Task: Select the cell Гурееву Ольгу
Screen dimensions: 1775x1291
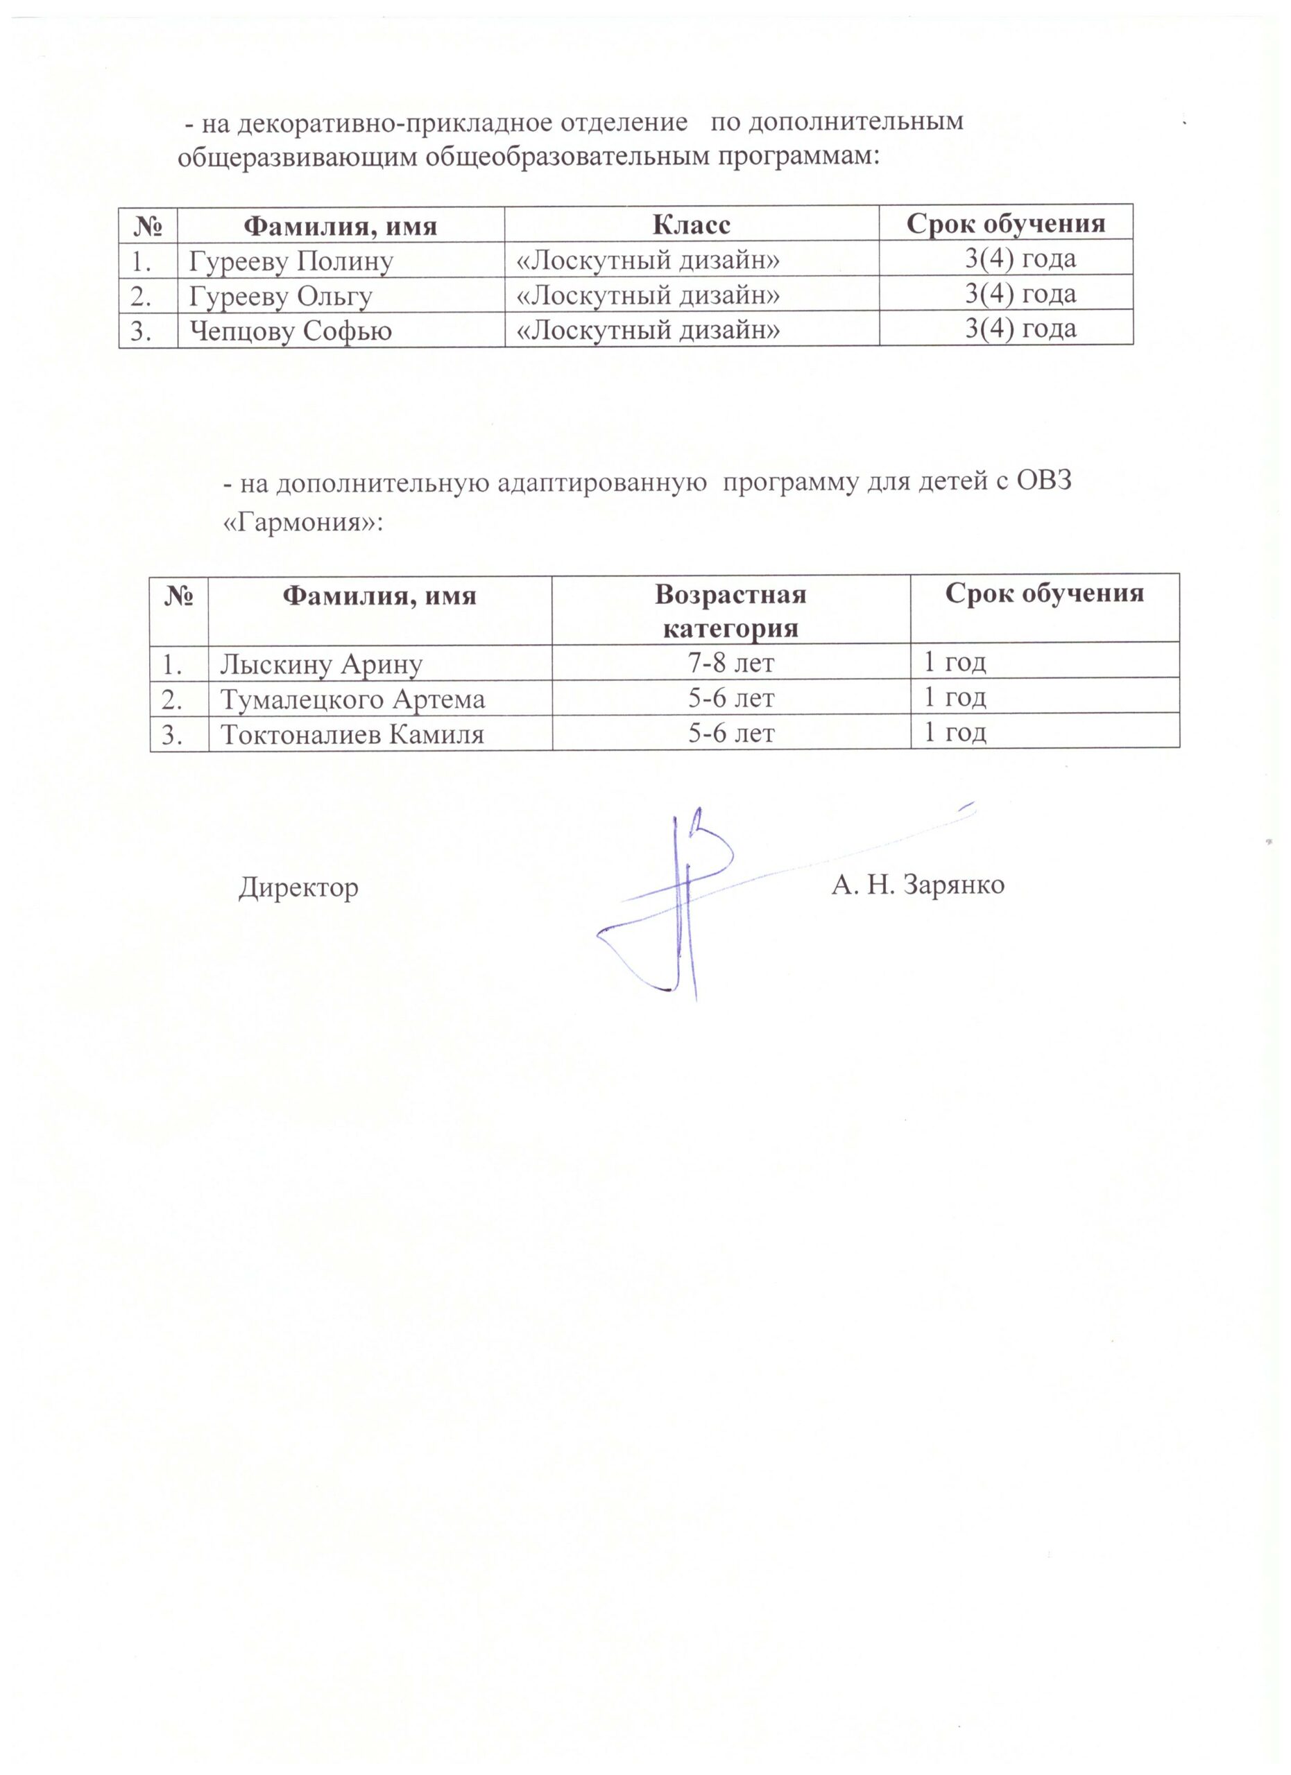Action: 280,297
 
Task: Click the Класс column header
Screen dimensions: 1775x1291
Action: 692,225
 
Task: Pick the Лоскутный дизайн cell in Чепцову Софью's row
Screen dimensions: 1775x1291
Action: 648,330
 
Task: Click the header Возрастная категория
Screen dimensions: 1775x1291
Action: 730,612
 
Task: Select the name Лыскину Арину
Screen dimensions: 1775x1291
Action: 321,664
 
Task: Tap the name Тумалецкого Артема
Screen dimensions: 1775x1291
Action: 352,699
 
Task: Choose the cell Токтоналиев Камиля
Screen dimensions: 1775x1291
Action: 352,734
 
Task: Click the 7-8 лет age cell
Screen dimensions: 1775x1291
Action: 730,663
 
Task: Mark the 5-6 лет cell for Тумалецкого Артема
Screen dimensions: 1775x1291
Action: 730,698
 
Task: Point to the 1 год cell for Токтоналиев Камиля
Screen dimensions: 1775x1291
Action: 955,733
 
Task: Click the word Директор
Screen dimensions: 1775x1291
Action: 298,887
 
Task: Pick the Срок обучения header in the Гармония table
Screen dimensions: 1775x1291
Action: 1045,594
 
